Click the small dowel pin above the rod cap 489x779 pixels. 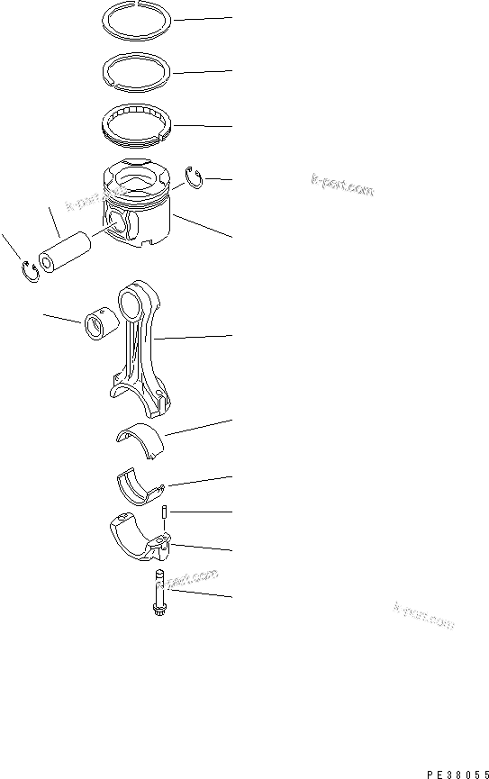166,514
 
